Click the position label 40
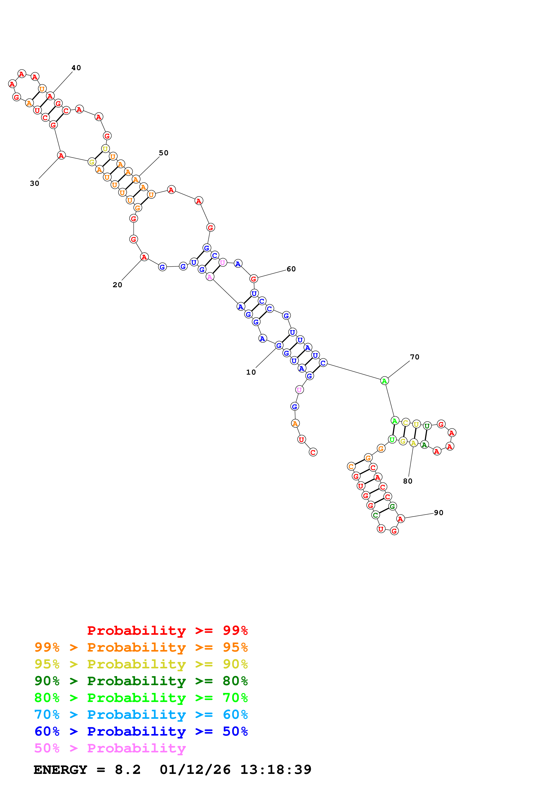pos(76,68)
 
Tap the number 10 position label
pos(251,372)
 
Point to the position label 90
pos(438,512)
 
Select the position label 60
pos(291,269)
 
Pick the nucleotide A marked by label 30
pos(61,155)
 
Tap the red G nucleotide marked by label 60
pos(253,279)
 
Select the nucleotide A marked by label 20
pos(144,257)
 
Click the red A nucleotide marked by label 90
pos(400,519)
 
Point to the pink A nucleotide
pos(210,277)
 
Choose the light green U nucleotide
pos(392,439)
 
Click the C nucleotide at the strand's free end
pos(313,452)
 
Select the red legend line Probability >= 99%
pos(167,630)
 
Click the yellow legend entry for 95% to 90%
pos(141,664)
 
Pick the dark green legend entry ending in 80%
pos(141,681)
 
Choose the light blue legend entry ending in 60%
pos(141,715)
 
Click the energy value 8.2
pos(127,770)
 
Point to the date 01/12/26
pos(195,770)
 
